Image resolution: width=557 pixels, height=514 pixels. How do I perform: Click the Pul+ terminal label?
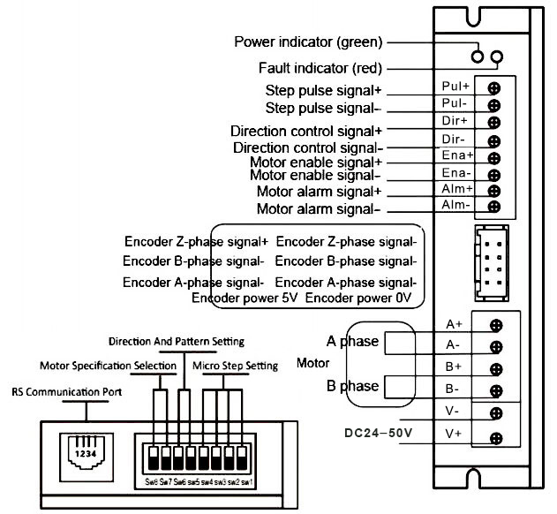click(x=455, y=87)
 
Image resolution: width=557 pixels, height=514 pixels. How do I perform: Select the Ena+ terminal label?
click(x=456, y=155)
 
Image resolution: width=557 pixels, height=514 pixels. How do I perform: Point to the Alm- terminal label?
click(x=456, y=206)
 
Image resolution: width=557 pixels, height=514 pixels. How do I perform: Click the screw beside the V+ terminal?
click(x=495, y=436)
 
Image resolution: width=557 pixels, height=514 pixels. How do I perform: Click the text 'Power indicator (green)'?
click(x=308, y=42)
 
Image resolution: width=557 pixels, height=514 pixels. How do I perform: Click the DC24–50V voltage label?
click(x=379, y=433)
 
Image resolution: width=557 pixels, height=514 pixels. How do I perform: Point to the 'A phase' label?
click(x=352, y=341)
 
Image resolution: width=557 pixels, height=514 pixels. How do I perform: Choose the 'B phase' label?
click(x=352, y=386)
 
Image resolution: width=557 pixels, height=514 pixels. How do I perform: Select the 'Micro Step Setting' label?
click(x=240, y=366)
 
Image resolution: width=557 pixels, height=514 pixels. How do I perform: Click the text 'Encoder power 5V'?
click(x=246, y=299)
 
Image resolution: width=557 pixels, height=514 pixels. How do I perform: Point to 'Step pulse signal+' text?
click(x=324, y=90)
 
